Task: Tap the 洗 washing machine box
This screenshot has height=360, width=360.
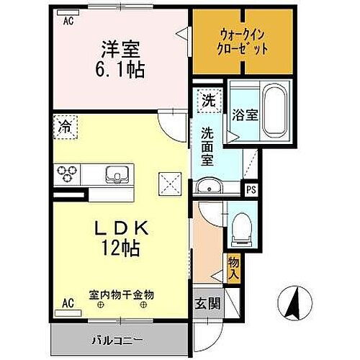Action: pos(207,100)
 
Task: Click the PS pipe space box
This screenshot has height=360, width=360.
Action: pos(251,190)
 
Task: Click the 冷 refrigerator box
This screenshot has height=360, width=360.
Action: pos(66,127)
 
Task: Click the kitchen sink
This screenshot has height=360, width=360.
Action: pos(116,174)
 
